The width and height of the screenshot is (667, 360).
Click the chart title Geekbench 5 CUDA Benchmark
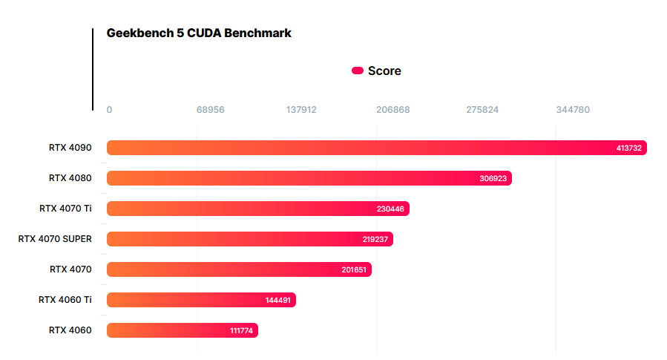(199, 33)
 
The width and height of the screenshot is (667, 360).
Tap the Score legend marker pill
(358, 71)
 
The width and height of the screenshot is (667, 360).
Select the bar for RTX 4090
(376, 148)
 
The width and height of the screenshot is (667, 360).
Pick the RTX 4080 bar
(309, 178)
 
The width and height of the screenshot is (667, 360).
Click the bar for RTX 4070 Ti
(257, 209)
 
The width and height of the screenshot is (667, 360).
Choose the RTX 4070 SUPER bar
(249, 239)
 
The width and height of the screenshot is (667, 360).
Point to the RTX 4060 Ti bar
(201, 300)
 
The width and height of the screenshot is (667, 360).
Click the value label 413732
(629, 148)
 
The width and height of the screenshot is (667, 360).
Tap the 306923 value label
(494, 179)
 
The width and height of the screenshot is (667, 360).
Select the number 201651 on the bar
(354, 269)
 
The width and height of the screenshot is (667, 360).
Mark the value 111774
(242, 330)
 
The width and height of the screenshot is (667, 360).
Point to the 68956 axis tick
(210, 110)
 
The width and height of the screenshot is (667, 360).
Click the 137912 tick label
(301, 110)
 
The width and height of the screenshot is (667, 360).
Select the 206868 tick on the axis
(392, 110)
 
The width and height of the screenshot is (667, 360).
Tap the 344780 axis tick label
(573, 110)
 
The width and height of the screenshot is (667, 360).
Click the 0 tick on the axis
(109, 110)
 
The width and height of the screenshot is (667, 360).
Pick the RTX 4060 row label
(70, 330)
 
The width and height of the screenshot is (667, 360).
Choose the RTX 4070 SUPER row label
(55, 239)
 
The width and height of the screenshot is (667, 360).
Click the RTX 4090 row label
(70, 148)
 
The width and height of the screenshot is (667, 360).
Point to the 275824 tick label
(482, 110)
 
